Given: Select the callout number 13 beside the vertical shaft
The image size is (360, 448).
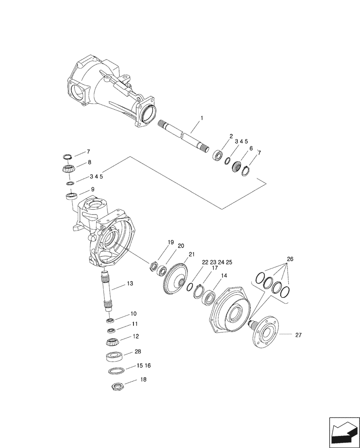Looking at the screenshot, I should coord(130,284).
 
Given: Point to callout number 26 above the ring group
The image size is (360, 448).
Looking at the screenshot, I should coord(290,259).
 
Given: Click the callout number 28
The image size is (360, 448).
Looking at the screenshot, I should coord(137,352).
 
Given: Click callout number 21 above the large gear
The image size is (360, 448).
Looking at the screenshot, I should coord(192,254).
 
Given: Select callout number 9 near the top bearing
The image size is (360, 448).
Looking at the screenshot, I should coord(92,190).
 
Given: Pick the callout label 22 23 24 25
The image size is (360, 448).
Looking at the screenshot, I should coord(217,262).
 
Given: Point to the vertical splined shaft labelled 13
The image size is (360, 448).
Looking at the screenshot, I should coord(108,292).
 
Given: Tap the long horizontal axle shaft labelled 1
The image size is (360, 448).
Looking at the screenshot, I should coord(184,135).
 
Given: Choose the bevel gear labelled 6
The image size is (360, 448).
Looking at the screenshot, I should coord(237,168).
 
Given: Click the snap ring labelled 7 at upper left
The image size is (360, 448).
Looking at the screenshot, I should coord(67,157).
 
